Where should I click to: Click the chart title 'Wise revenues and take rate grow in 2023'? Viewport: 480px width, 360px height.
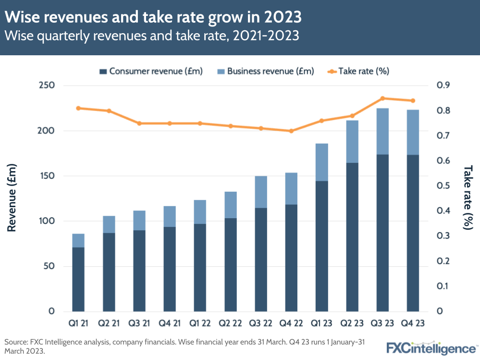[153, 17]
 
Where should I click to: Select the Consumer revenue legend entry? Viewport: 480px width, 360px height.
[151, 71]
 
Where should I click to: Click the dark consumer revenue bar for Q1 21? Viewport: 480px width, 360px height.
[78, 279]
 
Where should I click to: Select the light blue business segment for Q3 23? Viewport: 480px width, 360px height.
[382, 131]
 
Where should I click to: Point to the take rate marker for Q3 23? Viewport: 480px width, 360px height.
[382, 99]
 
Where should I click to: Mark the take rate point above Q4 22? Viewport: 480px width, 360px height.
[291, 131]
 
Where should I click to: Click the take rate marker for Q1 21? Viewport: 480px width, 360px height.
[78, 108]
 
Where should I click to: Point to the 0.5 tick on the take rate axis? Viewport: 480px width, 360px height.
[443, 186]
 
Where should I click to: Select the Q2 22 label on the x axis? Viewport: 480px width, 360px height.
[230, 323]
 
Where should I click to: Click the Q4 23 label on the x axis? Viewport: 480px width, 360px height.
[413, 323]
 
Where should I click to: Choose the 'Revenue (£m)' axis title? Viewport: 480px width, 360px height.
[12, 198]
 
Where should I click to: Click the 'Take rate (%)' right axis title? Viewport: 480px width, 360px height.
[468, 198]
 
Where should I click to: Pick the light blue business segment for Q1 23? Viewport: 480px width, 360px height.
[321, 162]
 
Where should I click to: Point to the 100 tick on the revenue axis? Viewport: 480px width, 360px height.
[47, 221]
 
